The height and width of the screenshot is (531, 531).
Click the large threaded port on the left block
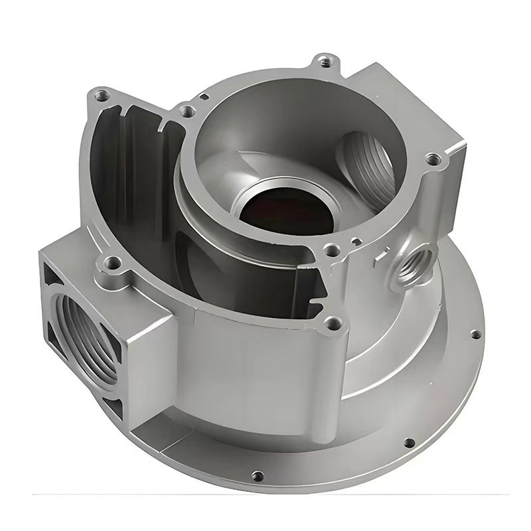tap(78, 321)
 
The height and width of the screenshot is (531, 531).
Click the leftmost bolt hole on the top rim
tap(101, 95)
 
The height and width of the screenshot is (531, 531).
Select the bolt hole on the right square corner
tap(433, 159)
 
